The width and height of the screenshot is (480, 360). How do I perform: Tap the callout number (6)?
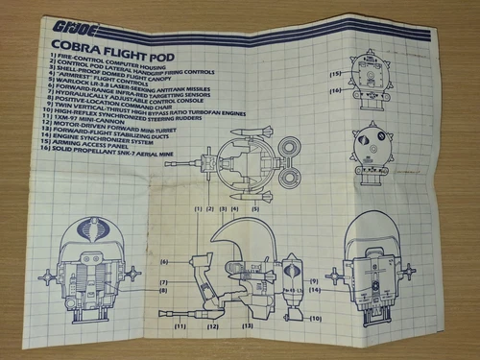click(x=164, y=261)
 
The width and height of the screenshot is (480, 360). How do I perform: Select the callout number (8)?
click(x=164, y=290)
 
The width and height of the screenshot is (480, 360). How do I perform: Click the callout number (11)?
click(x=179, y=326)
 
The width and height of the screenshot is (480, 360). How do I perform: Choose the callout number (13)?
click(x=249, y=326)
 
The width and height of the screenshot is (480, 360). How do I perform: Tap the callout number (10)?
click(x=315, y=317)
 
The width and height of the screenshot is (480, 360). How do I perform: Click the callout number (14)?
click(x=313, y=288)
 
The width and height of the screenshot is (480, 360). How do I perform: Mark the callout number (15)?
click(x=335, y=72)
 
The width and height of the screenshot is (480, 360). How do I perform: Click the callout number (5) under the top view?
click(x=255, y=207)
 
